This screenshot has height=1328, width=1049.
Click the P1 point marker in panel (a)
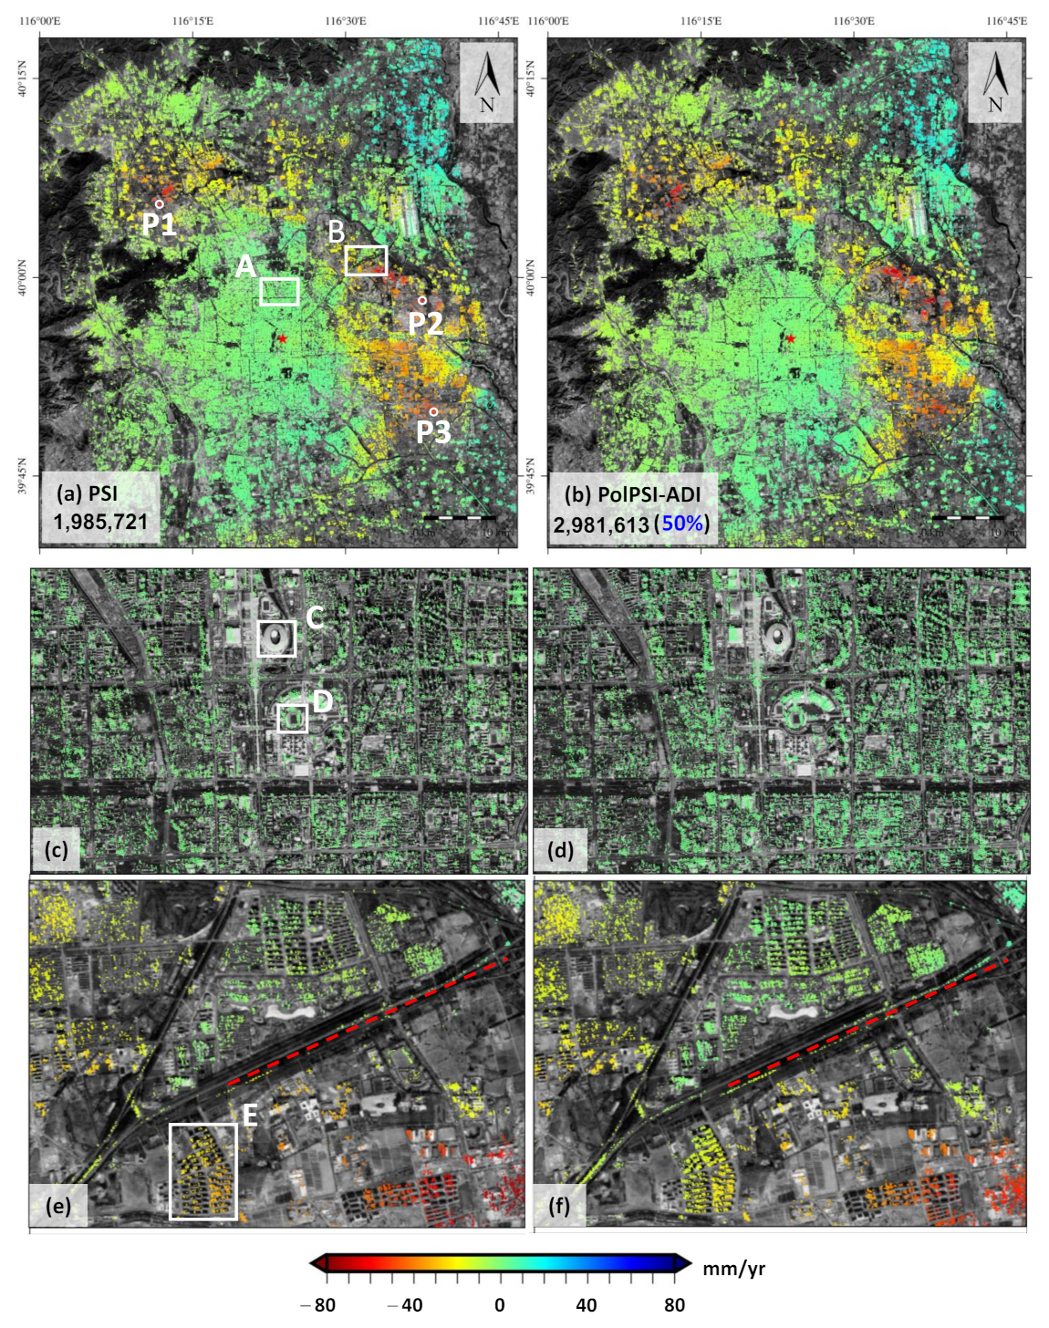point(159,204)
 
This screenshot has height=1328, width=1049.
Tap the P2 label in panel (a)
point(425,323)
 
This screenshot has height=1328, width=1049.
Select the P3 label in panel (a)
point(434,431)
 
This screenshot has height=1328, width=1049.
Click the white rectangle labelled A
point(279,292)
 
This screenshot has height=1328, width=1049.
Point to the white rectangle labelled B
point(366,261)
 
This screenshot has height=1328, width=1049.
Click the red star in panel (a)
point(283,338)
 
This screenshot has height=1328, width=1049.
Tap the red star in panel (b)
point(791,338)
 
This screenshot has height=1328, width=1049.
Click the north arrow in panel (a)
point(487,82)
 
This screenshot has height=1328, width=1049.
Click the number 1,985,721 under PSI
point(100,522)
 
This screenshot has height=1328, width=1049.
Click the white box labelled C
point(276,638)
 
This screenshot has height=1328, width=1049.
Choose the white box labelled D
point(292,718)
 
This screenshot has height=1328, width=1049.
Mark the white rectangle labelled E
point(203,1171)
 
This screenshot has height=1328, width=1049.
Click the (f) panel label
point(559,1206)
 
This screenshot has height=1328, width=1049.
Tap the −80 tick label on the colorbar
point(319,1304)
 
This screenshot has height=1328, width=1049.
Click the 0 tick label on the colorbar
point(499,1304)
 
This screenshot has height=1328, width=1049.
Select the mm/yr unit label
point(733,1268)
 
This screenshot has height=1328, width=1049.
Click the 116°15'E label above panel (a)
point(192,21)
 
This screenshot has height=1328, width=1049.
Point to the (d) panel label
point(560,850)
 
